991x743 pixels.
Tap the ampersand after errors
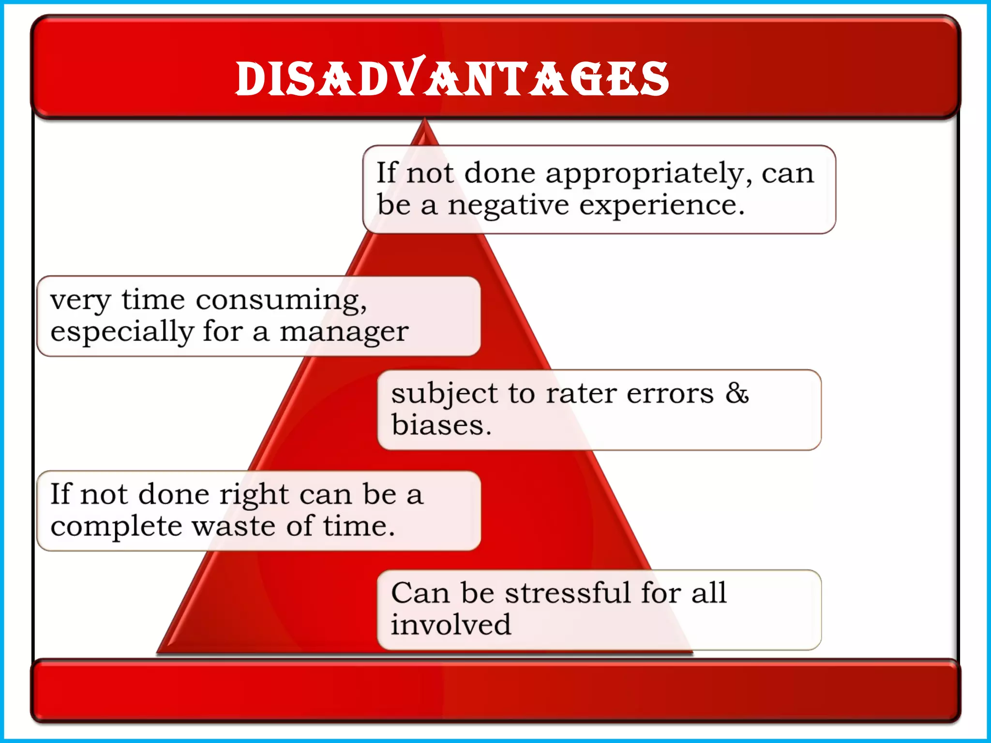737,393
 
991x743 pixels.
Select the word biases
441,425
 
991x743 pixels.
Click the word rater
581,394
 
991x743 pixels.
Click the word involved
450,624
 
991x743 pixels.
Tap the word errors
670,394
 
